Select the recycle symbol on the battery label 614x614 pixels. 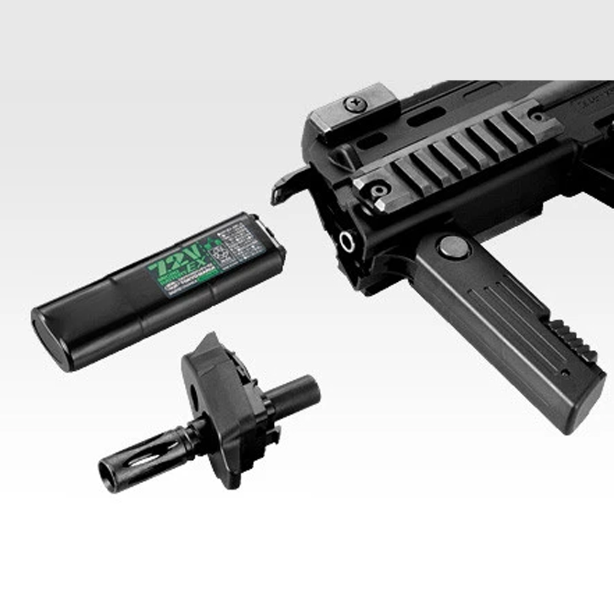coord(216,253)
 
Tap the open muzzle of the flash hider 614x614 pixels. coord(107,476)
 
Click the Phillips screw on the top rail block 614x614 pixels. coord(355,104)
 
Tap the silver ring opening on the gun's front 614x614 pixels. coord(347,242)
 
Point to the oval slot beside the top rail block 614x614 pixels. coord(426,117)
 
